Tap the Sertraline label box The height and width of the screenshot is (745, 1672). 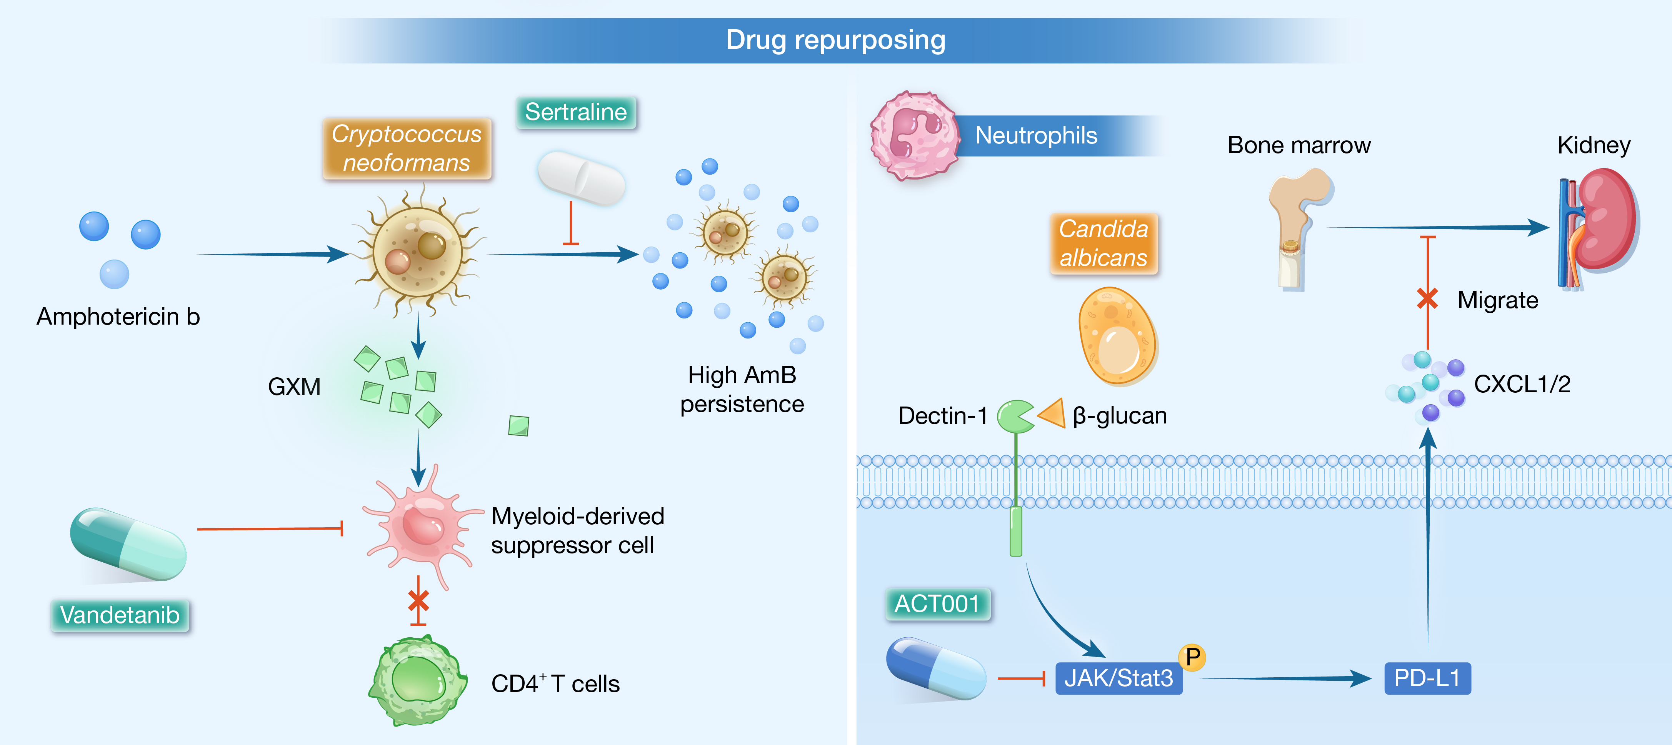tap(576, 112)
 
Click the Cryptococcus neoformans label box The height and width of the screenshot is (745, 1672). tap(407, 148)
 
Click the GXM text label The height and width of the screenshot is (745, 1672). tap(294, 387)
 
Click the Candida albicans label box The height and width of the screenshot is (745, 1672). tap(1104, 243)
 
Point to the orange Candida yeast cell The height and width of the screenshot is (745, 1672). tap(1116, 336)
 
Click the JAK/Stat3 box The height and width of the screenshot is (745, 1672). tap(1119, 678)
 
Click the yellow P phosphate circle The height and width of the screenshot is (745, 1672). tap(1192, 657)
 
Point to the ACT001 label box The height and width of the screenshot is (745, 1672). tap(937, 604)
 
